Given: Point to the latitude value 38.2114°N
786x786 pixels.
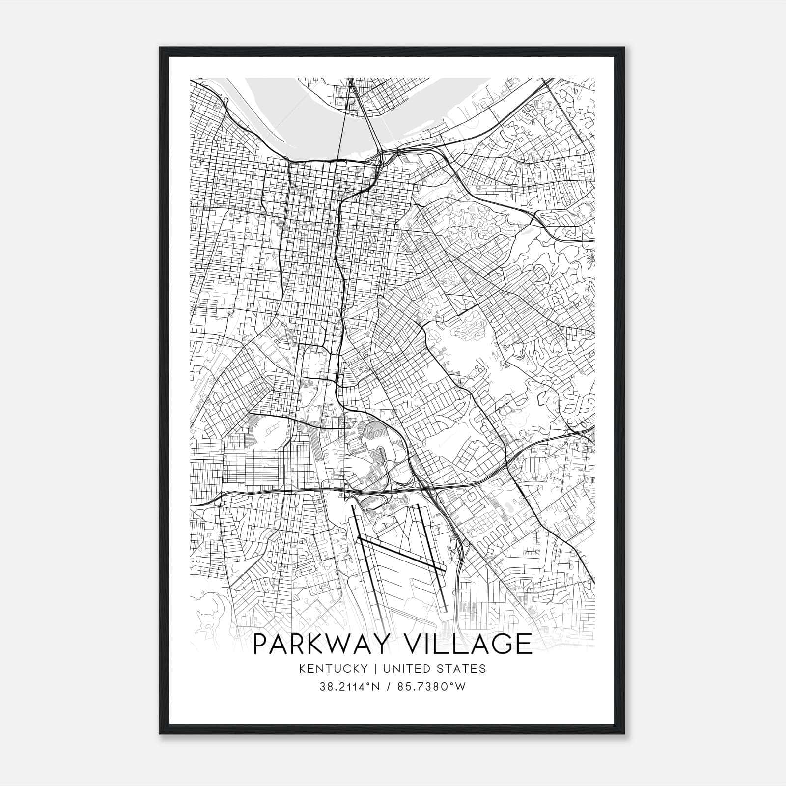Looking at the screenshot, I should [349, 687].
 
